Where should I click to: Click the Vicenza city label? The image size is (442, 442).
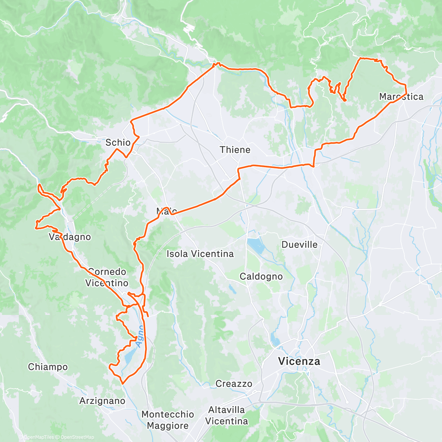click(299, 361)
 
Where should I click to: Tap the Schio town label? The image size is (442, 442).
click(118, 143)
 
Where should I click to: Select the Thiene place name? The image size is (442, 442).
click(235, 150)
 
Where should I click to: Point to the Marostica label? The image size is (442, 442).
click(401, 97)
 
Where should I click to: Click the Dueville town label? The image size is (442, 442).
click(299, 245)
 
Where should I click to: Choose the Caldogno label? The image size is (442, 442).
click(261, 277)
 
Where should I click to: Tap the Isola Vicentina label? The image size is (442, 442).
click(200, 254)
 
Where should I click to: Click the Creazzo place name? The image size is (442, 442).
click(234, 384)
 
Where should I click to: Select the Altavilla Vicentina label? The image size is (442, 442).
click(227, 415)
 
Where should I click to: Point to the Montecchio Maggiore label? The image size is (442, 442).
click(168, 420)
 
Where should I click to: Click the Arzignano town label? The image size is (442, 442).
click(102, 401)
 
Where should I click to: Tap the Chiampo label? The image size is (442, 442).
click(48, 367)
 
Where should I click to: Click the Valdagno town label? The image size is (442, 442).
click(70, 237)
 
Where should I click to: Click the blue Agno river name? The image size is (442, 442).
click(139, 336)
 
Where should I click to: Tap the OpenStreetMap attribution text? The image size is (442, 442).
click(77, 437)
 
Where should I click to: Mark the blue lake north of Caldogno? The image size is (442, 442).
click(255, 246)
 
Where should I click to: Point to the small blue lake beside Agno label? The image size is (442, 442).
click(129, 355)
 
